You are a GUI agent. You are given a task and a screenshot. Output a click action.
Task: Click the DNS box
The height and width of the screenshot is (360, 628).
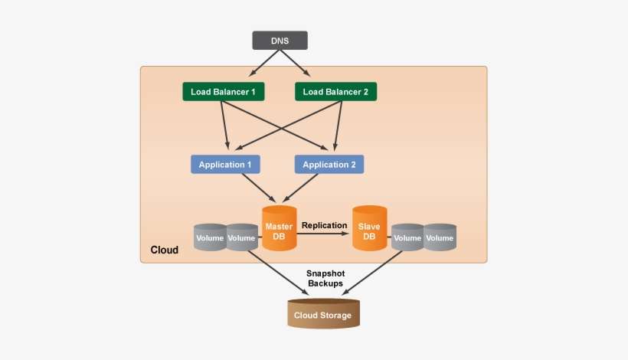[280, 40]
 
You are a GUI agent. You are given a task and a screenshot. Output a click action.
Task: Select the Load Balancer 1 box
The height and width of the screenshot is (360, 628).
[224, 92]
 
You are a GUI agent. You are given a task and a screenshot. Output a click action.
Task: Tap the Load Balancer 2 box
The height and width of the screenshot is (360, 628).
[335, 92]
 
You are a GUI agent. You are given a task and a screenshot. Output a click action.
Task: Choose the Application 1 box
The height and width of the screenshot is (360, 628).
[225, 165]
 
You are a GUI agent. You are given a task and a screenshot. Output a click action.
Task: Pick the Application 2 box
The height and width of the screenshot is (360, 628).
[329, 165]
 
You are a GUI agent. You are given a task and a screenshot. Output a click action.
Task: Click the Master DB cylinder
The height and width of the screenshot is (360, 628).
[279, 230]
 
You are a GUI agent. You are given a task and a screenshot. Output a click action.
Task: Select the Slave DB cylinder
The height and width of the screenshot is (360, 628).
[369, 230]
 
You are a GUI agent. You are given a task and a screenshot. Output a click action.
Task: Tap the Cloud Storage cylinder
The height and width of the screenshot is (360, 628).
[322, 314]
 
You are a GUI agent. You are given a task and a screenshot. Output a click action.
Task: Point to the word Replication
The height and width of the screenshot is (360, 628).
[325, 225]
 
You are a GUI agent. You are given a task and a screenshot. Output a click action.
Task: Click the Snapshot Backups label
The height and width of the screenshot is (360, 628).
[325, 278]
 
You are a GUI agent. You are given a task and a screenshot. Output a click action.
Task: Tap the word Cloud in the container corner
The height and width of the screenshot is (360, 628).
[164, 250]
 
